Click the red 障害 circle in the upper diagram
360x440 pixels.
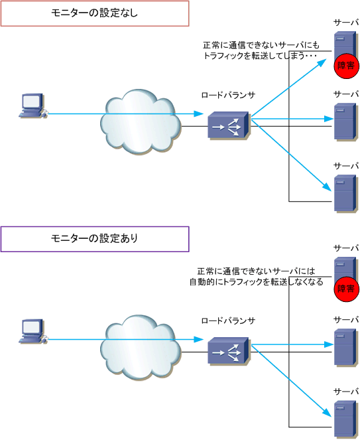pos(346,66)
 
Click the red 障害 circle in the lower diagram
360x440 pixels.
pos(346,289)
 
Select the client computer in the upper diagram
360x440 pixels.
pos(32,106)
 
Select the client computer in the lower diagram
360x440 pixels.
pos(32,331)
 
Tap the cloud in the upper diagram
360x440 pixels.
pos(141,122)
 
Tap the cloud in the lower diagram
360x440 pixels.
pos(141,347)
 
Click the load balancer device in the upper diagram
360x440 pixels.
pos(228,125)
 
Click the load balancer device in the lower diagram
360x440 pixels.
pos(228,351)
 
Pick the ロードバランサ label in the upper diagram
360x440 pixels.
pos(228,96)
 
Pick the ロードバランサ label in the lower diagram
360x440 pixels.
pos(228,321)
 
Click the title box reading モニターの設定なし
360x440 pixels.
pos(95,13)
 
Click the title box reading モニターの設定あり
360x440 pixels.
pos(95,239)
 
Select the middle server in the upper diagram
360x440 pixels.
pos(345,121)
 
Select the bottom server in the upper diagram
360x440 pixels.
pos(345,193)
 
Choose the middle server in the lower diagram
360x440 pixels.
pos(345,347)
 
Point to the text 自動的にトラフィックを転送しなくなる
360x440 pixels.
pos(257,282)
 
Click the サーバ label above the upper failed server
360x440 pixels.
pos(346,23)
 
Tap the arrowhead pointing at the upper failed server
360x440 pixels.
pos(322,62)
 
